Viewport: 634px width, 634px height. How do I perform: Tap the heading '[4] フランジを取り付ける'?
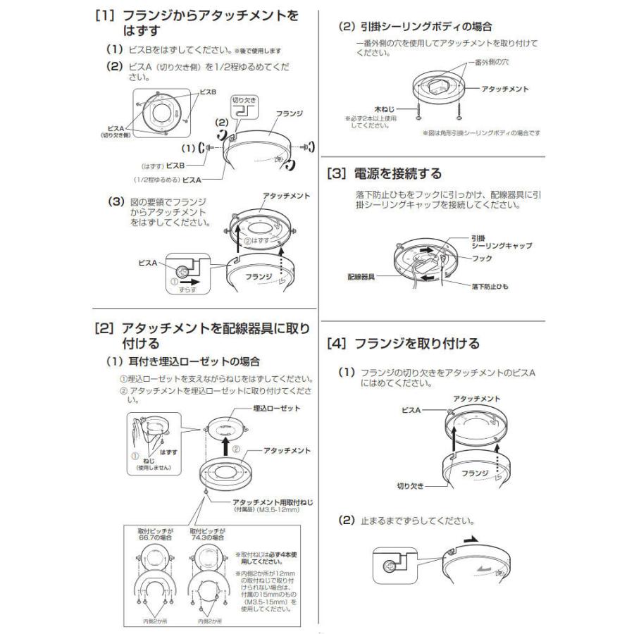[x=403, y=344]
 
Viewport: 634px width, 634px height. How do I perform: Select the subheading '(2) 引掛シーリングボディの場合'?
[x=416, y=26]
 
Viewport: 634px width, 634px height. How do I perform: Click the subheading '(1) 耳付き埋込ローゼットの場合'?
[x=182, y=361]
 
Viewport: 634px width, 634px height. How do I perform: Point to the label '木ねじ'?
[x=384, y=109]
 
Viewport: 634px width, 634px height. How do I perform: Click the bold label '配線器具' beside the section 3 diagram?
[x=361, y=277]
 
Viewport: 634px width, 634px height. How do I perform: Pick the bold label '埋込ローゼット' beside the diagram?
[x=276, y=409]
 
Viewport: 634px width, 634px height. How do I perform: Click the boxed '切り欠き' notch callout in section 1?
[x=246, y=106]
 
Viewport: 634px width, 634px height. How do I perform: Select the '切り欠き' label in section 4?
[x=409, y=486]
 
